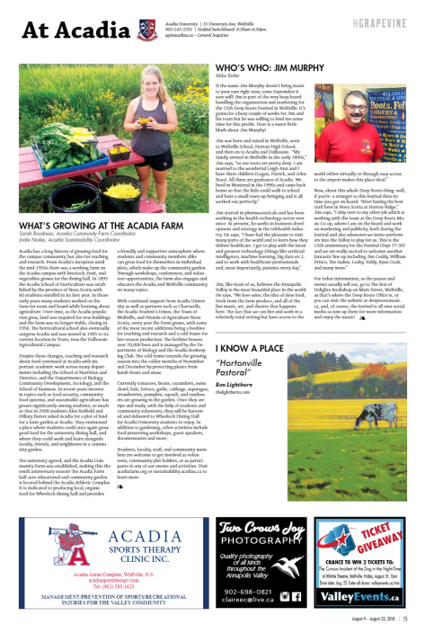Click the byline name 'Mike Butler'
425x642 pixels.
[x=227, y=76]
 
